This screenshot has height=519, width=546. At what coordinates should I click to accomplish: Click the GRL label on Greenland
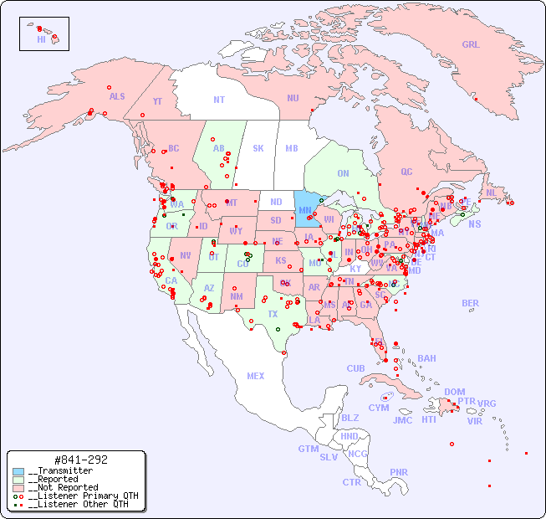click(471, 45)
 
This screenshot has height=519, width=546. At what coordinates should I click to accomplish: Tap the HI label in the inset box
click(41, 39)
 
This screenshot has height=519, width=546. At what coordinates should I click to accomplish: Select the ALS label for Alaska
click(117, 96)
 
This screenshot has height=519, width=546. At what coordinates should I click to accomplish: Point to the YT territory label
click(157, 101)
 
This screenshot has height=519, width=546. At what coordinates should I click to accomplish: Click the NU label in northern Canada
click(293, 98)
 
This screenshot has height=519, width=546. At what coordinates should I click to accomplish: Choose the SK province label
click(258, 148)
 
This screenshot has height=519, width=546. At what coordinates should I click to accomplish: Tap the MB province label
click(291, 148)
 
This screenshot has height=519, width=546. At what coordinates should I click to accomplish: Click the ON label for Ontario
click(343, 173)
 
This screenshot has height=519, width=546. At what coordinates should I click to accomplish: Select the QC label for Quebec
click(406, 172)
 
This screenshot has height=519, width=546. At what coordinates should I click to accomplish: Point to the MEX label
click(256, 376)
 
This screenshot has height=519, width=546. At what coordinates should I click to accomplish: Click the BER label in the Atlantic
click(470, 303)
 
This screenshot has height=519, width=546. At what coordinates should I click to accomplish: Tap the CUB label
click(355, 368)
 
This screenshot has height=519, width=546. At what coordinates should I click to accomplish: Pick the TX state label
click(273, 314)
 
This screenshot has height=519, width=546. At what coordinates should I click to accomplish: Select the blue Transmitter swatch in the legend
click(18, 471)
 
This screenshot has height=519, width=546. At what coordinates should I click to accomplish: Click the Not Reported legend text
click(62, 487)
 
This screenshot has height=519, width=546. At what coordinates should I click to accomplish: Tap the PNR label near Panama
click(399, 472)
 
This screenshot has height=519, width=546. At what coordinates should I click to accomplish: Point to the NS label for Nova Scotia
click(474, 224)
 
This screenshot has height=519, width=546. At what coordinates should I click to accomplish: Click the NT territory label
click(218, 100)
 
